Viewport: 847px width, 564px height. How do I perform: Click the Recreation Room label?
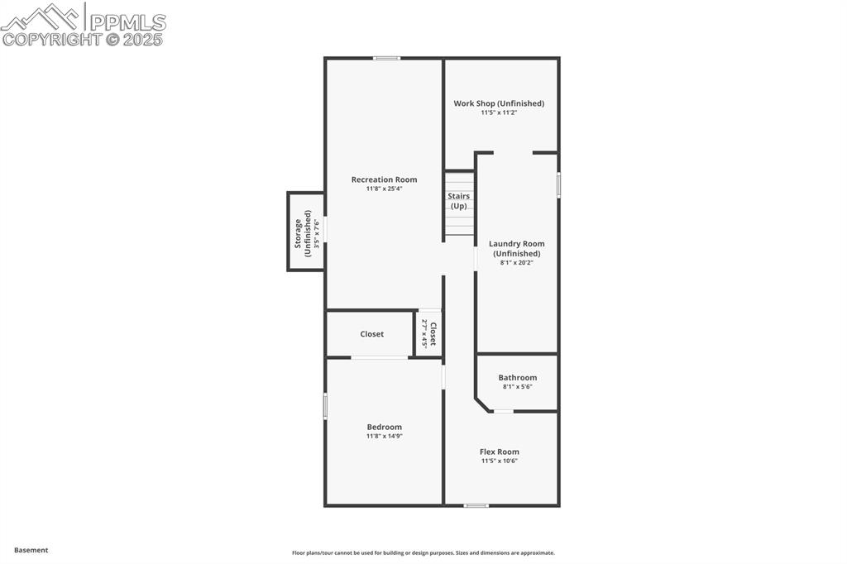coord(384,179)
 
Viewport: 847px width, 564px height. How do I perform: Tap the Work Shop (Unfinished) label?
coord(499,103)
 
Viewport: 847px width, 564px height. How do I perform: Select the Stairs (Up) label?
coord(459,200)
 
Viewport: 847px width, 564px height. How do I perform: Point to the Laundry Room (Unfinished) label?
coord(516,248)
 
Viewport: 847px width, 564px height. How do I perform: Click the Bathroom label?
coord(517,378)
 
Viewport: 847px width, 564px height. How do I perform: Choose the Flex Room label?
coord(500,452)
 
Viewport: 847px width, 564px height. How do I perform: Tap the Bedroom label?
coord(384,427)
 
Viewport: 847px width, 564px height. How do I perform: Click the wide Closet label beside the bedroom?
coord(371,334)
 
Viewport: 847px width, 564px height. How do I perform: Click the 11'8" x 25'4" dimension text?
coord(384,189)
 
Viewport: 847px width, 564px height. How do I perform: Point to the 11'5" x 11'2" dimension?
coord(499,112)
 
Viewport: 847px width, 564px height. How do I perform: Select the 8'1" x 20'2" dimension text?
coord(516,263)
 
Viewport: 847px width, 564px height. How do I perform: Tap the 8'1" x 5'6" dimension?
coord(517,386)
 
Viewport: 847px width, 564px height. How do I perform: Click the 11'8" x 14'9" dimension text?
coord(384,436)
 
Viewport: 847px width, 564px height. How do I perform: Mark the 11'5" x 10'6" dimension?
coord(500,461)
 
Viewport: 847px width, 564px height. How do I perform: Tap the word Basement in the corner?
coord(31,550)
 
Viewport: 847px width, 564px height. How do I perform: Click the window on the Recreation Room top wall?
coord(386,58)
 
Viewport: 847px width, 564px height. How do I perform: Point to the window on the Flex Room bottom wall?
coord(476,505)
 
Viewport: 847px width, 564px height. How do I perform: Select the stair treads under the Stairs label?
coord(460,223)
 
